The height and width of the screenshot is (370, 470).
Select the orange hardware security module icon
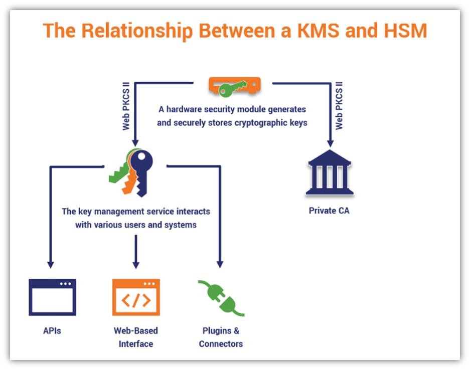pos(234,86)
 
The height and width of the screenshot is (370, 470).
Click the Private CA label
pos(329,211)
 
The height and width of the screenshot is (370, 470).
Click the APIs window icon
pos(52,297)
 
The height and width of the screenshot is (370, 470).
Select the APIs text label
pos(52,331)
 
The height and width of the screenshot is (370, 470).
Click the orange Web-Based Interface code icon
pos(136,297)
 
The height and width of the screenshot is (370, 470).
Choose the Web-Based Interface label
pos(136,337)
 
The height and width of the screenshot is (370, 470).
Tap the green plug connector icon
pos(221,298)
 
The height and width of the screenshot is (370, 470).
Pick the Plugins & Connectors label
pos(221,337)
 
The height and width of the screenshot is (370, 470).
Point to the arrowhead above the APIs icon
pos(50,264)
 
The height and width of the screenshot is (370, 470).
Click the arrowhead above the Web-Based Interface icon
pos(135,264)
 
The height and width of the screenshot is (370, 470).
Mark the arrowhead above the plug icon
pos(220,264)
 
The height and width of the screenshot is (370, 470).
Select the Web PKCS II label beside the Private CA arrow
pos(340,106)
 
